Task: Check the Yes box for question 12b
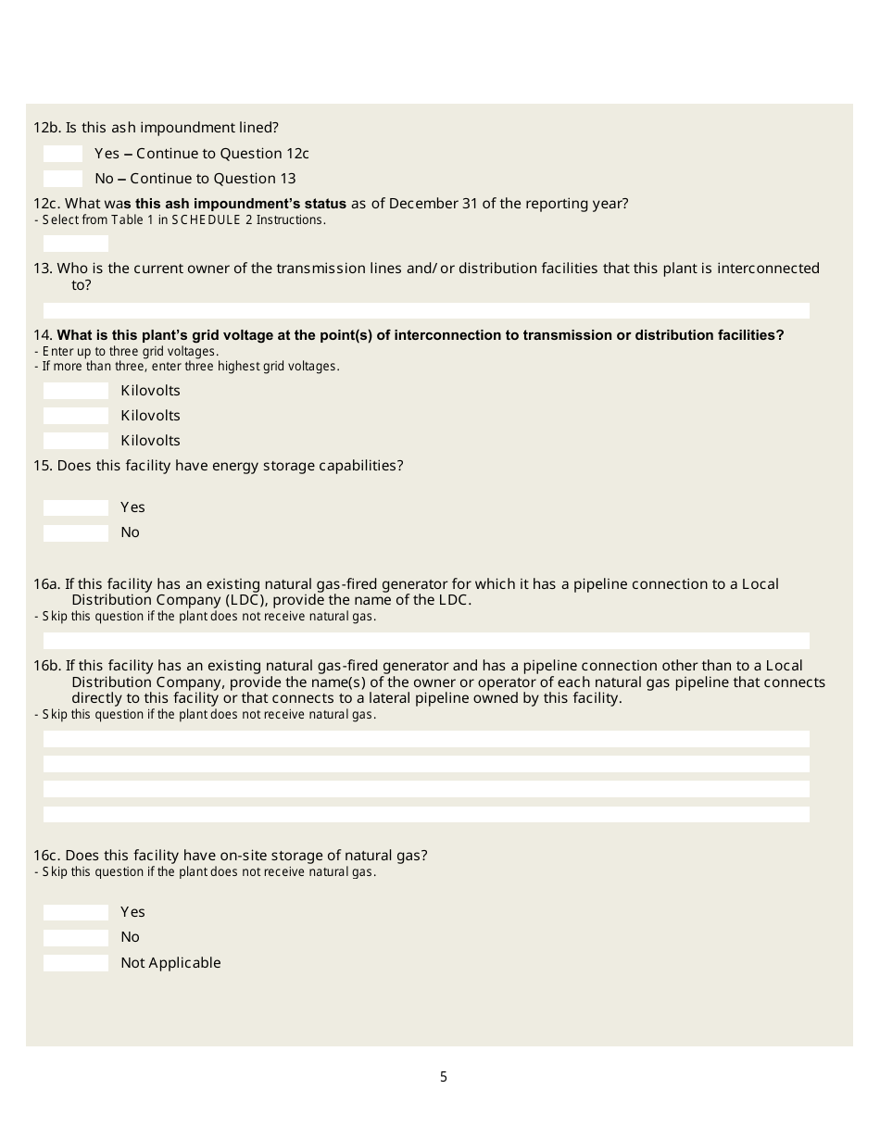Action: point(63,154)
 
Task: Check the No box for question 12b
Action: point(63,179)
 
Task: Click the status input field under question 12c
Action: point(76,244)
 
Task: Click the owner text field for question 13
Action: point(426,310)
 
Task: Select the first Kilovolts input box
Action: point(76,391)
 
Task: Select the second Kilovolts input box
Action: point(76,416)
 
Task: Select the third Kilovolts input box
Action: point(76,441)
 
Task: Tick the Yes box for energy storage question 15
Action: point(76,507)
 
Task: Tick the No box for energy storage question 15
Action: point(76,532)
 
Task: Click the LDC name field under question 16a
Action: point(426,641)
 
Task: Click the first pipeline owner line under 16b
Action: point(426,739)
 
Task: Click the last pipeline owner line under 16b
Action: point(426,814)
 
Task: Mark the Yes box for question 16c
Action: point(76,912)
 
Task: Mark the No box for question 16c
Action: point(76,937)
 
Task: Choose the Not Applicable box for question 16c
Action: point(76,963)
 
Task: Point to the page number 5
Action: point(444,1077)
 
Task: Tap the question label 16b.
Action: point(47,666)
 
